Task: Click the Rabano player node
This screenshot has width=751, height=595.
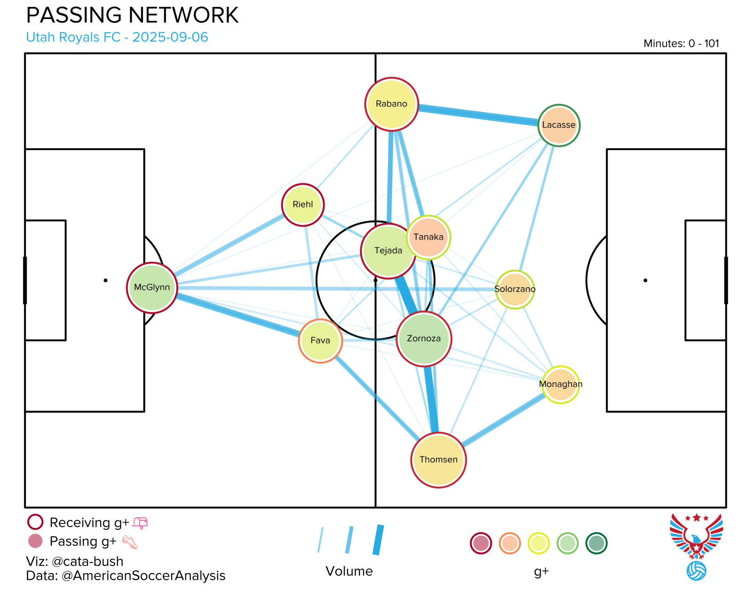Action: point(392,104)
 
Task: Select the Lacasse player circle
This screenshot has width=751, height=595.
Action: point(559,125)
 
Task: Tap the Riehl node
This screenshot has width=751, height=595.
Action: point(303,205)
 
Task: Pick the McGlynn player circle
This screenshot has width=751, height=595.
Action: point(152,288)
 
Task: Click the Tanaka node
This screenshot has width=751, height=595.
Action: point(429,237)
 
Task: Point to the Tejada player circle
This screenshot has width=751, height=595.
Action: point(387,251)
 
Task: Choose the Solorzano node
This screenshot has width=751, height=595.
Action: point(515,289)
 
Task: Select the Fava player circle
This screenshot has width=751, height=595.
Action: point(320,341)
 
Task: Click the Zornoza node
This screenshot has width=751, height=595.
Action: point(424,339)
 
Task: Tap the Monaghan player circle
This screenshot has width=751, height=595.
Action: point(561,385)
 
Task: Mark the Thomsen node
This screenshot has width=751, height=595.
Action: point(438,460)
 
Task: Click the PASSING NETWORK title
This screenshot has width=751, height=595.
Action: point(132,16)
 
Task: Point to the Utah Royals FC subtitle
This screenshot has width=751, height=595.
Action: point(117,37)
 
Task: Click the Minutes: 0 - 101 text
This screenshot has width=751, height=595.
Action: point(681,43)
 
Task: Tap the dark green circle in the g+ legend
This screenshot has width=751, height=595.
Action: point(596,543)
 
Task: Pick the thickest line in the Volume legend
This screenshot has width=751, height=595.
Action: point(378,540)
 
